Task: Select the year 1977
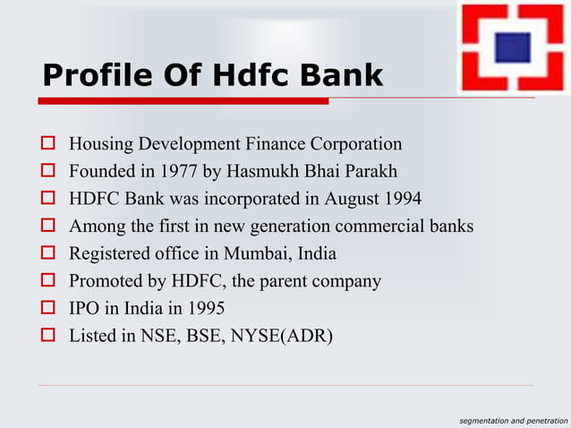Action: [177, 171]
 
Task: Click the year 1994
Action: [402, 199]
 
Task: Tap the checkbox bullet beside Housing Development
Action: [48, 144]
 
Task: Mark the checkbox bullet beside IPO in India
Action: [48, 310]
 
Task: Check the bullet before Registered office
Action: [48, 254]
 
